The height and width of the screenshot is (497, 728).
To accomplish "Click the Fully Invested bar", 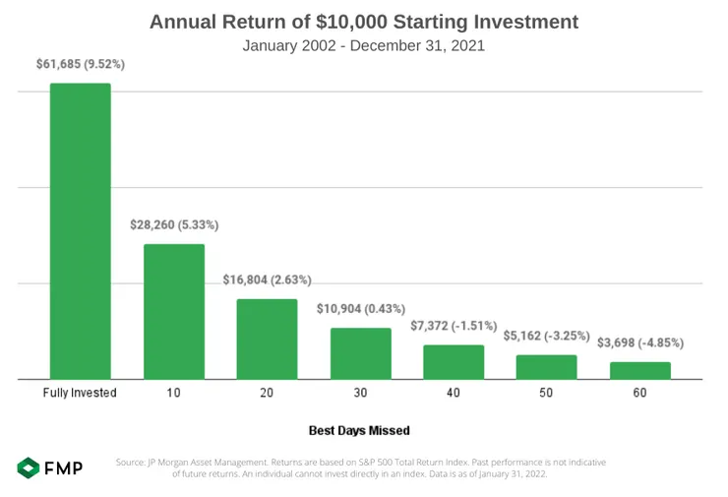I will click(80, 231).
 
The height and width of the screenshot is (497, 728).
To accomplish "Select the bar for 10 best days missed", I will click(174, 311).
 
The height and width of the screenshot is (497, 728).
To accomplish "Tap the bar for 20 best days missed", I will click(267, 339).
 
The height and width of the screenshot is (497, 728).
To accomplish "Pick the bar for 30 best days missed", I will click(360, 353).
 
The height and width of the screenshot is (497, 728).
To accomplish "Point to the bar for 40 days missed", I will click(454, 361).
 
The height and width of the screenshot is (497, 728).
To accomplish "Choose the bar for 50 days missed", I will click(546, 366).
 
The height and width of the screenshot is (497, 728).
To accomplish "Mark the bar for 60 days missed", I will click(639, 370).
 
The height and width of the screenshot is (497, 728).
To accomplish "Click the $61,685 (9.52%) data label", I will click(81, 64).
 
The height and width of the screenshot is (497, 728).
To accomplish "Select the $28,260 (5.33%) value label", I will click(174, 224).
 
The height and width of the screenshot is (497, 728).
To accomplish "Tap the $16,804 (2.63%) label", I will click(267, 280).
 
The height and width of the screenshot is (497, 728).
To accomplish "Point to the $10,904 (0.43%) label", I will click(360, 308).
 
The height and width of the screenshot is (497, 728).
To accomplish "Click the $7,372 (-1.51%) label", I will click(454, 325).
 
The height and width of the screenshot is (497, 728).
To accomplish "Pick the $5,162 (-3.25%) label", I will click(546, 336).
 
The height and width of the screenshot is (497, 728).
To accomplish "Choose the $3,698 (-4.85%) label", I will click(639, 342).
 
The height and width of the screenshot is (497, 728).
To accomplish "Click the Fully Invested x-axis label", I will click(80, 393).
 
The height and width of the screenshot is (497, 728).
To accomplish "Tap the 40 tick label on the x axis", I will click(454, 393).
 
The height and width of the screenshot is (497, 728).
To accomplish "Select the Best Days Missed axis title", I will click(359, 430).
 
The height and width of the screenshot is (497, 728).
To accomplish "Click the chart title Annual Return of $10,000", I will click(364, 21).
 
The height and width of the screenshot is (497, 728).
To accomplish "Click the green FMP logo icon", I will click(29, 468).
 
